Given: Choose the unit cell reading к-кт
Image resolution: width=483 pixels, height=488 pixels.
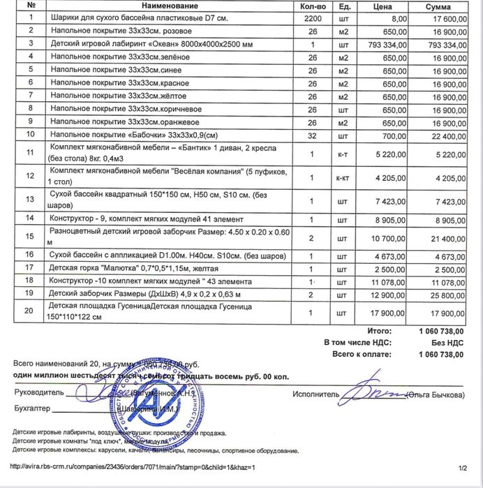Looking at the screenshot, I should point(343,177).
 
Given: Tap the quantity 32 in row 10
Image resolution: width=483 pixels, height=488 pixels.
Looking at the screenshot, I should point(313,135).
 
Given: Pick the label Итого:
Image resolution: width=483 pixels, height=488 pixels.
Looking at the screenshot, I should point(378,330).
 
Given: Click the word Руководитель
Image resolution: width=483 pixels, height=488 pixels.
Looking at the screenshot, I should point(38,392).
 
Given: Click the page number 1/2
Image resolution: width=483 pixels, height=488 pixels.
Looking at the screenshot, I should point(461,466).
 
